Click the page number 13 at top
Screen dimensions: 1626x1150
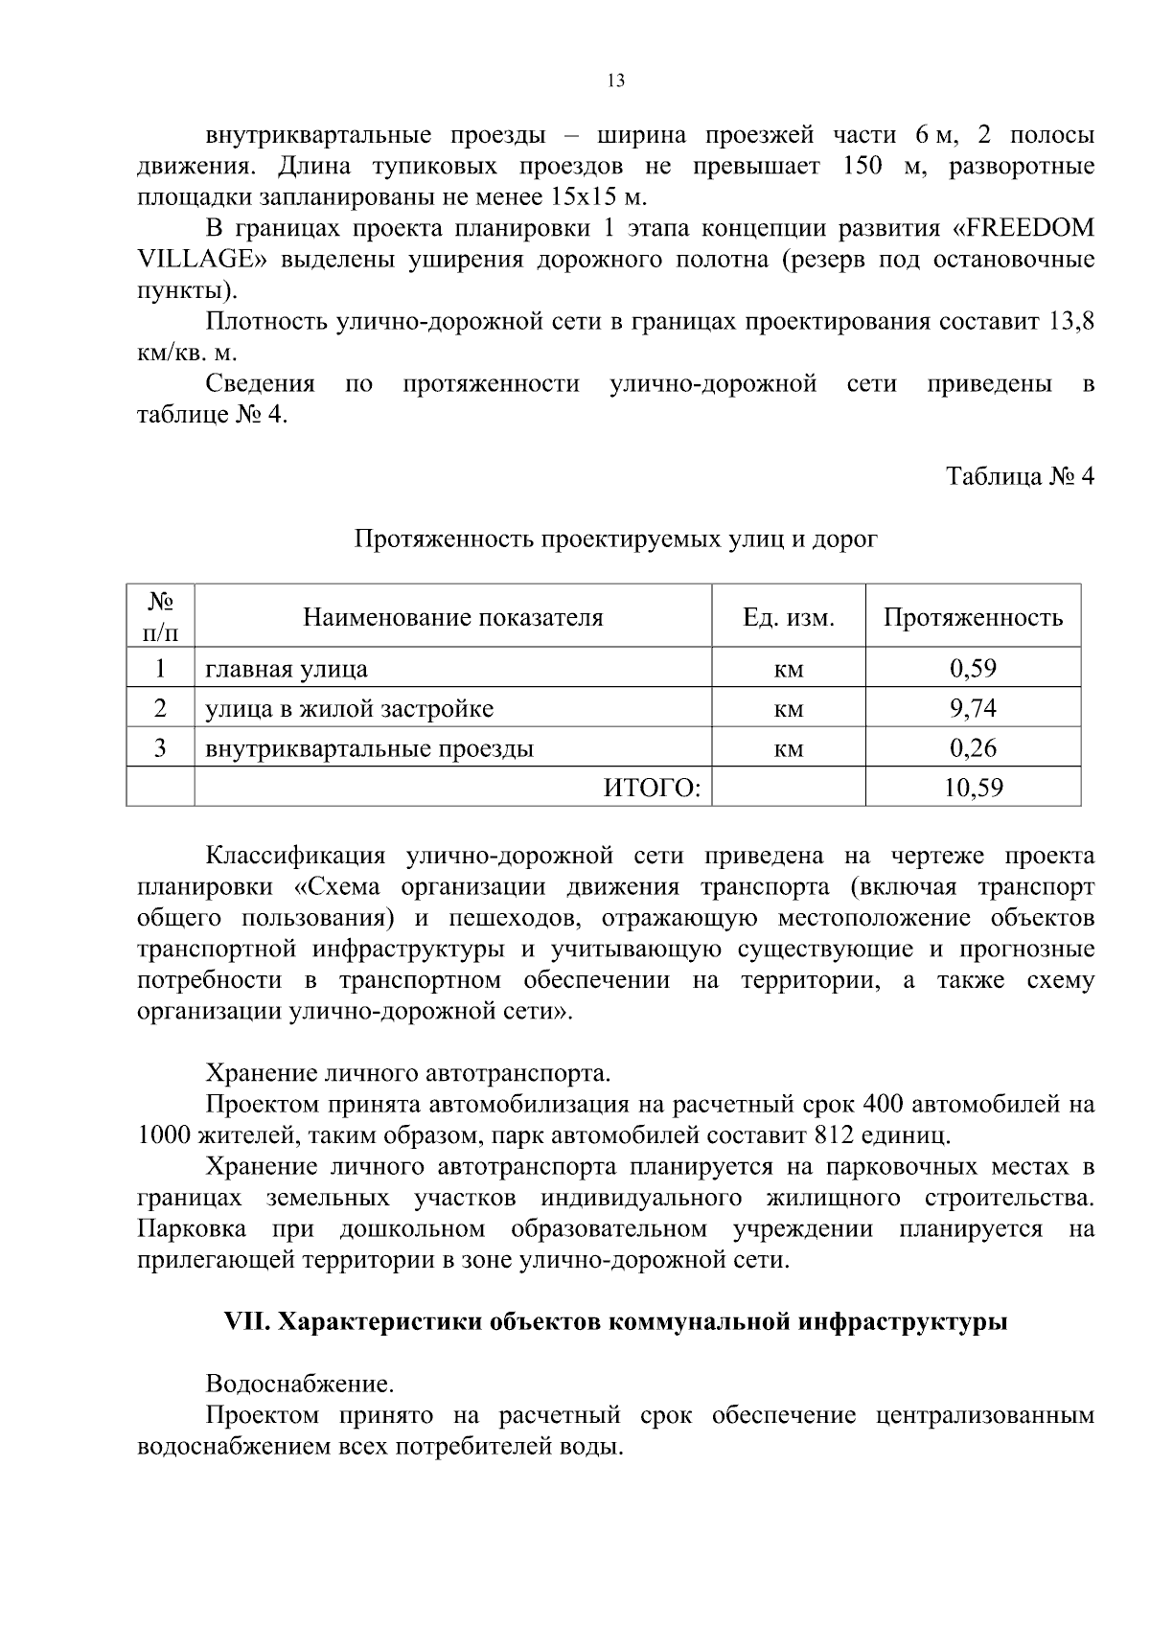click(616, 81)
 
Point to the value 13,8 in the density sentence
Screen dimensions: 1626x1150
click(1071, 322)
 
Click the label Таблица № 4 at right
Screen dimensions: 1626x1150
click(1020, 476)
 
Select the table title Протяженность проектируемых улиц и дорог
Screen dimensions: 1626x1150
click(616, 539)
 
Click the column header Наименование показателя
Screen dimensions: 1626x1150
click(453, 617)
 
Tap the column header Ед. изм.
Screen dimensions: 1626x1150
click(789, 617)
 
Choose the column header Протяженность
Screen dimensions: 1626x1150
click(973, 617)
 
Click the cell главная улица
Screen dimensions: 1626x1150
click(287, 669)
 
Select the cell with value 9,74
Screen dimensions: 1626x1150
click(973, 709)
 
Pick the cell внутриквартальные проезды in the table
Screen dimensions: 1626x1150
click(370, 748)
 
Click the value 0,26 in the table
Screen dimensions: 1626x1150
click(973, 748)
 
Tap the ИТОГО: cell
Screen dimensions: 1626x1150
click(652, 789)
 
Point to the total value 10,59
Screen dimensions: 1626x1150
click(973, 789)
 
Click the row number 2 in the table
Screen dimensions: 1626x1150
click(160, 709)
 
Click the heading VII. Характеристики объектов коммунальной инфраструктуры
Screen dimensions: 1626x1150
click(615, 1322)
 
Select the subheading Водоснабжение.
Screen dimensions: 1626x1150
click(299, 1385)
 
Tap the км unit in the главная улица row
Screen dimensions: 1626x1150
click(789, 670)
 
